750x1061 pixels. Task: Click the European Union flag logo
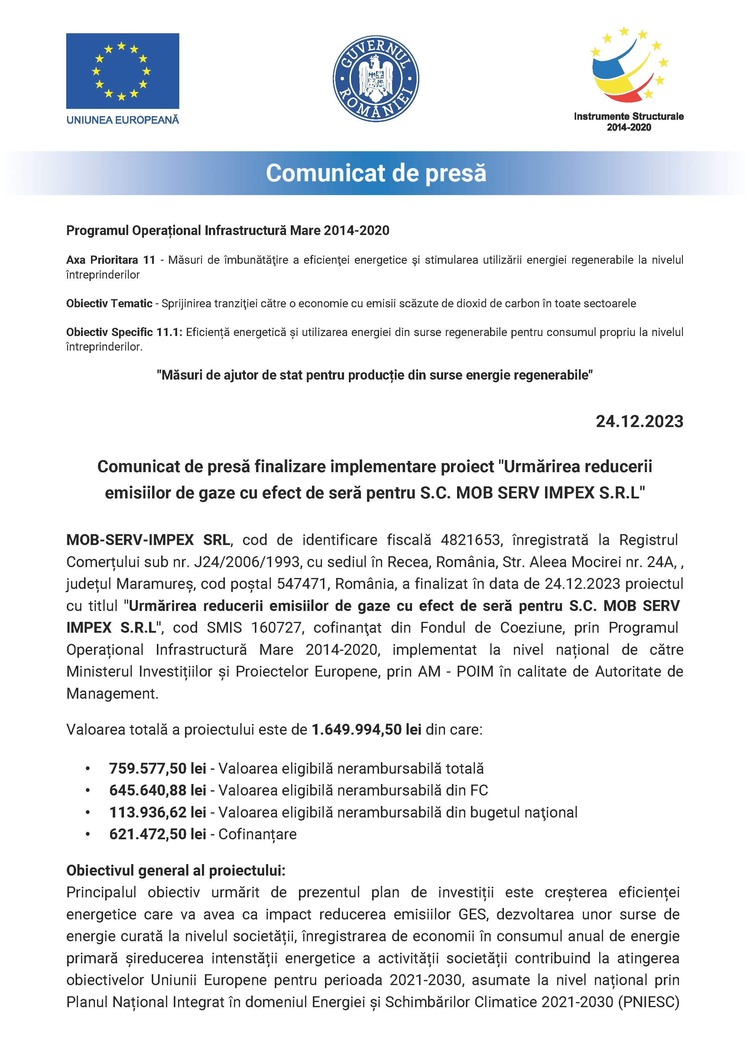(x=122, y=71)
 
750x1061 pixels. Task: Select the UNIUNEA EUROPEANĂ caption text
(x=122, y=120)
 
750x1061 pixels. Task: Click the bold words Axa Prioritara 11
(x=110, y=260)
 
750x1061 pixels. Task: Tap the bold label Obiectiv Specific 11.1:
(x=124, y=332)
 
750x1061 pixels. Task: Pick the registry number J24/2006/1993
(x=247, y=562)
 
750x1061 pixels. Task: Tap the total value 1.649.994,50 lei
(x=366, y=729)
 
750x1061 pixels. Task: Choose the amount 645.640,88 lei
(x=157, y=790)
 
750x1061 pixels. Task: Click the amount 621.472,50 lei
(x=157, y=834)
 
